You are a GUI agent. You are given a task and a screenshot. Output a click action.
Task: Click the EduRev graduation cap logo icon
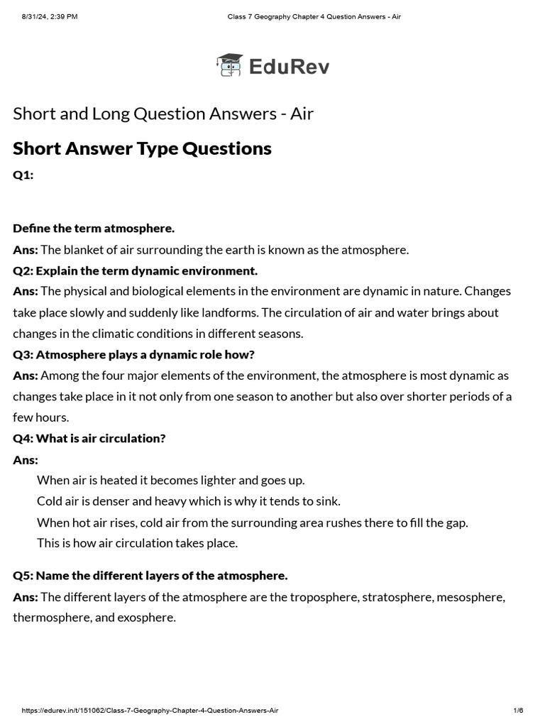click(x=229, y=65)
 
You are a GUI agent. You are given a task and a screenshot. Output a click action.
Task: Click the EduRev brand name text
click(x=290, y=67)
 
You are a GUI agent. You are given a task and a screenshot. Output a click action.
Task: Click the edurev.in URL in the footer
click(x=150, y=711)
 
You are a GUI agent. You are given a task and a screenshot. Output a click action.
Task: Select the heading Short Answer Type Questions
click(x=142, y=148)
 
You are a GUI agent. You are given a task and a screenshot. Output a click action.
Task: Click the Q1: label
click(x=23, y=175)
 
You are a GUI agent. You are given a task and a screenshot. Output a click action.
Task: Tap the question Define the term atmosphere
click(x=94, y=228)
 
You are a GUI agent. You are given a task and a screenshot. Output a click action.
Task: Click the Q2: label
click(x=23, y=270)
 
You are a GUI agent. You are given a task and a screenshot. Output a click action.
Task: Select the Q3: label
click(x=23, y=354)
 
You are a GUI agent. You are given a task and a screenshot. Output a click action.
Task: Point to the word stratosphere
click(x=397, y=596)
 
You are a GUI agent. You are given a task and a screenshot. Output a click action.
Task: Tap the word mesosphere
click(x=470, y=596)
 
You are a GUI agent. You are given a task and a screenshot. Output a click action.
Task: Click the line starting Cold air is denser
click(x=189, y=501)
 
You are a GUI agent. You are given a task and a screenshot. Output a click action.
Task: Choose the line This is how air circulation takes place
click(x=137, y=543)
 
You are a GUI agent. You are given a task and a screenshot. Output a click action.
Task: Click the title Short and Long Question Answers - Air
click(x=163, y=114)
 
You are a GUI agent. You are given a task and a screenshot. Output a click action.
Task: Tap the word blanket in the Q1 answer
click(x=84, y=250)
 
